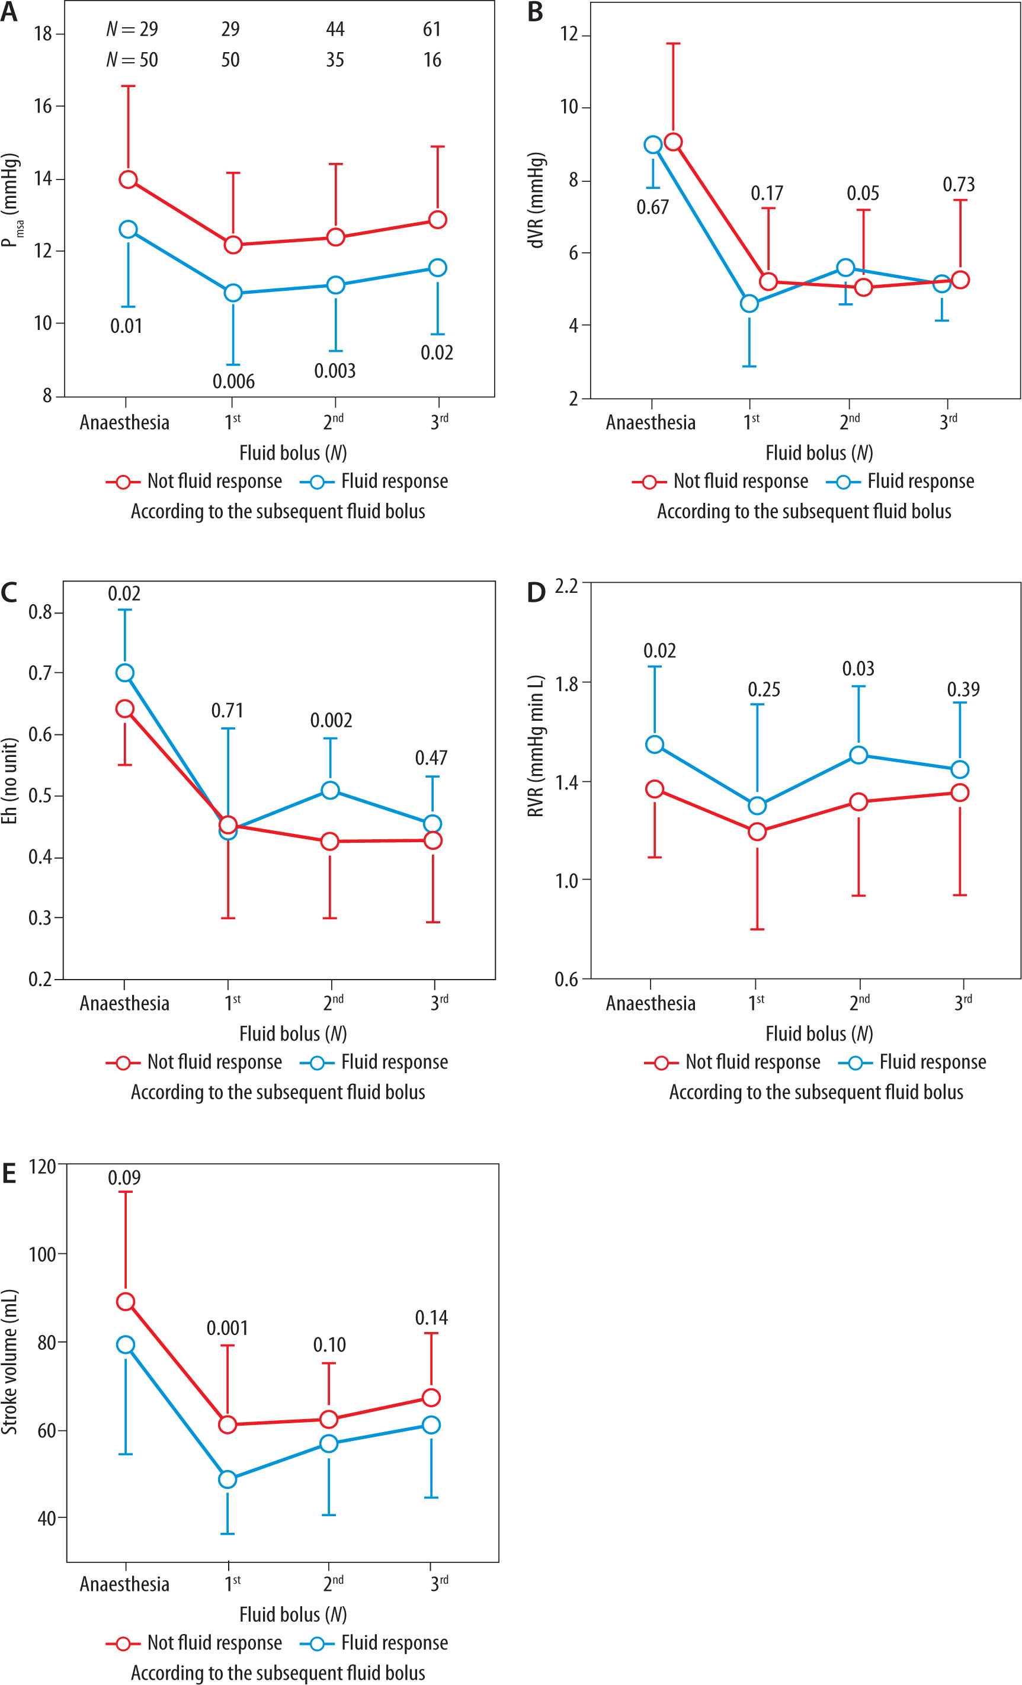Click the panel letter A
(x=9, y=12)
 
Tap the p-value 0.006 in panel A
(x=233, y=381)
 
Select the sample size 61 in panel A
(x=432, y=30)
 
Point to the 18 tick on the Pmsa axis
(x=43, y=34)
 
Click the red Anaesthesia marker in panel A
(x=128, y=180)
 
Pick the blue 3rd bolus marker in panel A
(x=438, y=267)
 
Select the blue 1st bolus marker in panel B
(x=749, y=303)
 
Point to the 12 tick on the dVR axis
(x=569, y=34)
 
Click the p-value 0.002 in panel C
(x=331, y=720)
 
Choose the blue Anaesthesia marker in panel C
(x=124, y=673)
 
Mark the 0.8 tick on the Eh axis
(x=40, y=612)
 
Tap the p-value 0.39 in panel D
(x=963, y=689)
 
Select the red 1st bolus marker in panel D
(x=757, y=832)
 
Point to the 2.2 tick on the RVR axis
(x=566, y=586)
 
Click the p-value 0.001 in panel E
(x=227, y=1328)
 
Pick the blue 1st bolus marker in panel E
(x=227, y=1479)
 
